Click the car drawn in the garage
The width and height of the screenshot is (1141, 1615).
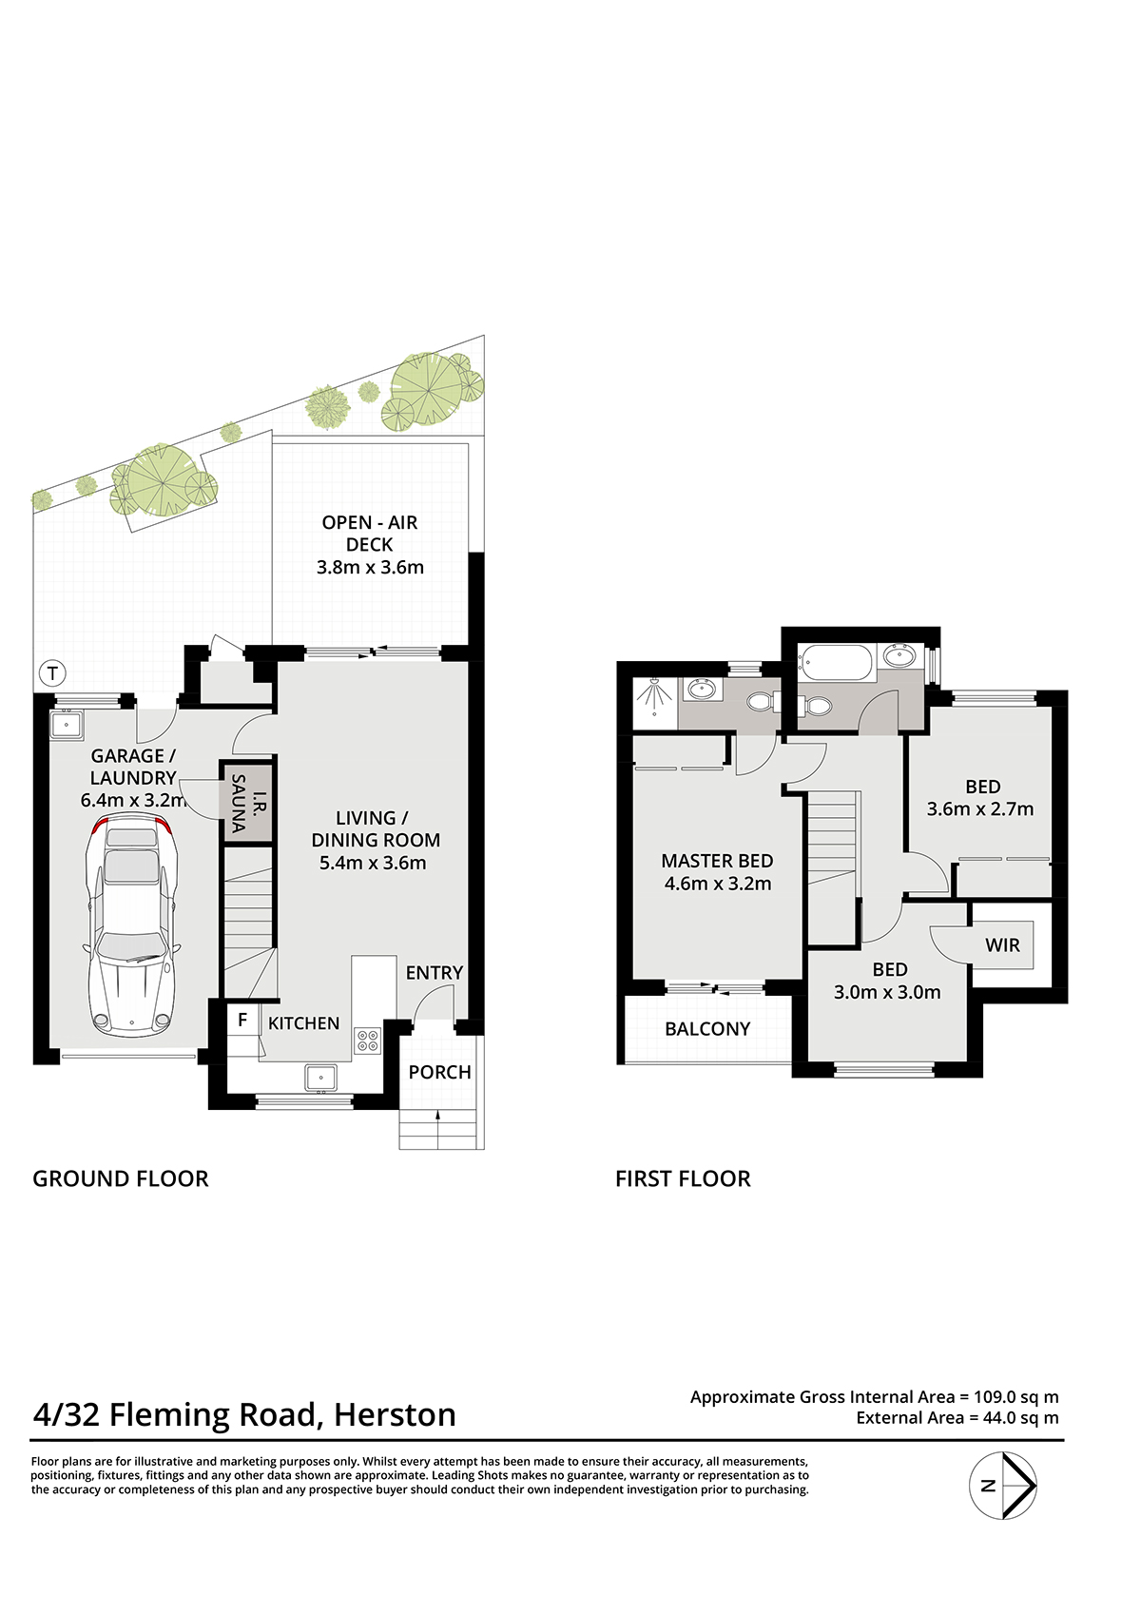(130, 927)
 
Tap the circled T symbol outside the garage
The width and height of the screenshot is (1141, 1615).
(52, 675)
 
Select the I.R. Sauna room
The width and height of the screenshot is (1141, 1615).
(246, 803)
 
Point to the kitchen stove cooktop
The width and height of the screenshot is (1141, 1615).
(368, 1041)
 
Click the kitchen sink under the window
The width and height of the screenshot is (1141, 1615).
(320, 1078)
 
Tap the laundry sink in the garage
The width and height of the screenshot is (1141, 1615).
(67, 725)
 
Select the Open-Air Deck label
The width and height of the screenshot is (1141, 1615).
(370, 544)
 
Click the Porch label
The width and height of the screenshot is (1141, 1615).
(439, 1072)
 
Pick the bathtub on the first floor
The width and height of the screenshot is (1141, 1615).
(836, 663)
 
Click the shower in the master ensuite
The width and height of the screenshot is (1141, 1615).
(654, 697)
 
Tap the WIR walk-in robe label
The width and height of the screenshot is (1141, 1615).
(1002, 944)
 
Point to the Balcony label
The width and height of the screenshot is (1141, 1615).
(707, 1029)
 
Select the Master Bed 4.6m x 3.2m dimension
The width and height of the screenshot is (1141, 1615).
(718, 884)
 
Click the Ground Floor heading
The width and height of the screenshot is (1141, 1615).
(121, 1178)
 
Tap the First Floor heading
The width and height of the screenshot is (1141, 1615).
(683, 1178)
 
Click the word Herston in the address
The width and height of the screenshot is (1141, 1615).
(395, 1414)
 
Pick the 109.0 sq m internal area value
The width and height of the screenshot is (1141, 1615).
(1016, 1396)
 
